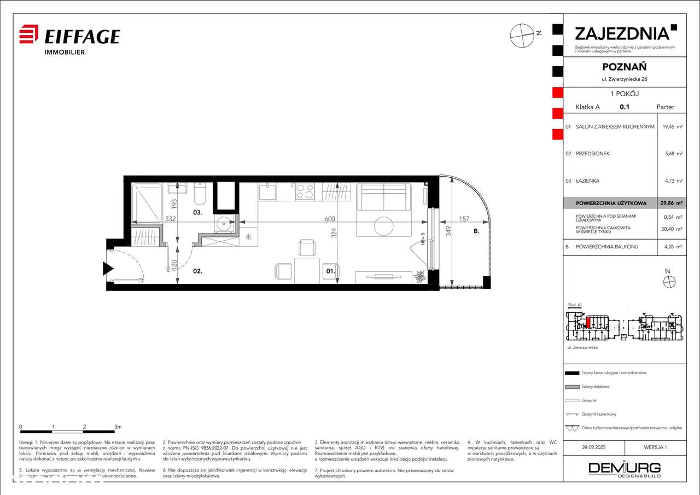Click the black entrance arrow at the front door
(107, 268)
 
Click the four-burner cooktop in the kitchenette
(305, 191)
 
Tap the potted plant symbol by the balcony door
(420, 276)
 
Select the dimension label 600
(330, 219)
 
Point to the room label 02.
(197, 270)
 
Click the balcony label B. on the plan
(476, 231)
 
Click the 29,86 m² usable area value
(671, 203)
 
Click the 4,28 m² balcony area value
(672, 247)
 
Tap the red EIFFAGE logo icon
(28, 34)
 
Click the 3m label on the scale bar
(118, 426)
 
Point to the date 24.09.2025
(594, 447)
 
